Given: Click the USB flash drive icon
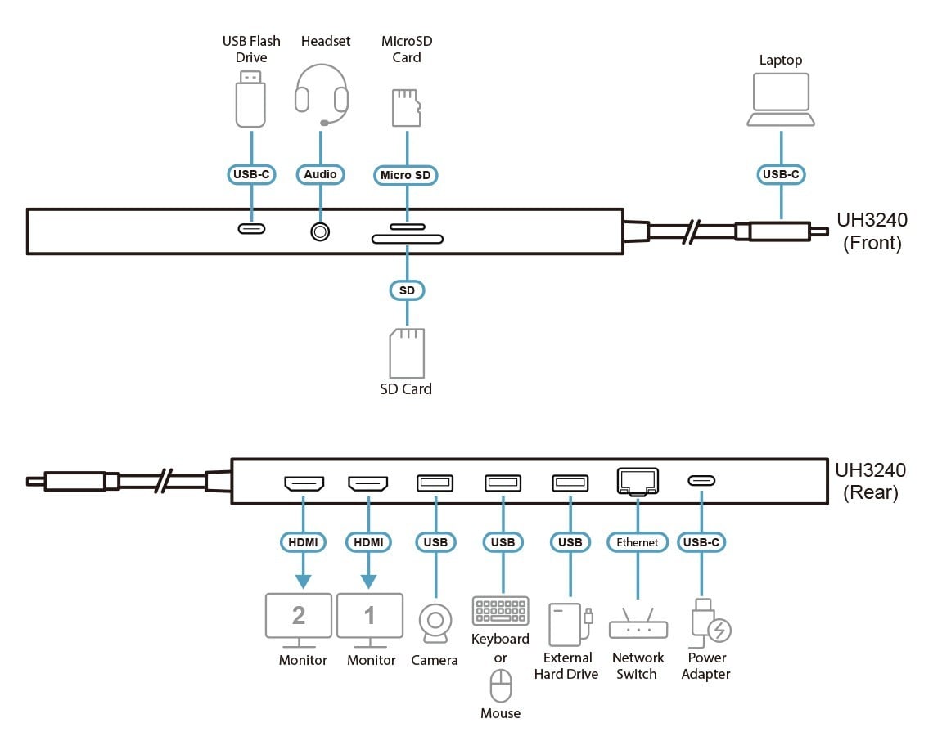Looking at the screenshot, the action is (250, 99).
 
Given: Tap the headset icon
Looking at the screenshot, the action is (322, 95).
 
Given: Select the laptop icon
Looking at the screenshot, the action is (781, 99).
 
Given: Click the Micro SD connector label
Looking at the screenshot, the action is (406, 175).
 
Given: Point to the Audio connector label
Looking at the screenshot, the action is (320, 174).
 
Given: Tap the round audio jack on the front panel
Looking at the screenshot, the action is (320, 231).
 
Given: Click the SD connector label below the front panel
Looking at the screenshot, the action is (407, 290).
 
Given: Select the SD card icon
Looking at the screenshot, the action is (407, 353).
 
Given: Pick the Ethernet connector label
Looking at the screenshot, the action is (638, 542).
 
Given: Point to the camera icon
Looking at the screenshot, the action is (435, 623).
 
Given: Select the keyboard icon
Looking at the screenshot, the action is (501, 611).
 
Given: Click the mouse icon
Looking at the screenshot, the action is (500, 685).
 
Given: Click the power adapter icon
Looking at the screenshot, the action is (710, 622).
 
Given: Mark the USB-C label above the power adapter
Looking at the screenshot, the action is (701, 542).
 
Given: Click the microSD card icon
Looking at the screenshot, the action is (407, 108).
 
